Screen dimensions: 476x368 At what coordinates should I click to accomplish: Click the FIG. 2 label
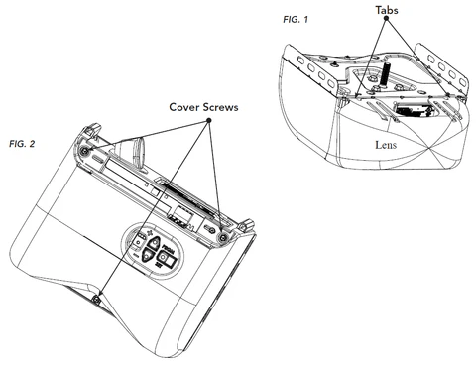point(22,144)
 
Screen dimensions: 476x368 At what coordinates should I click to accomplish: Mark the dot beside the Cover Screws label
point(209,121)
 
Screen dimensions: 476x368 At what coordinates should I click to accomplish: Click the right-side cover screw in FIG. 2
point(221,238)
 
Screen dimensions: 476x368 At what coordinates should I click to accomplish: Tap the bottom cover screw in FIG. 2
point(95,300)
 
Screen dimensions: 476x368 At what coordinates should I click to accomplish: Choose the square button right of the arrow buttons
point(167,259)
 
